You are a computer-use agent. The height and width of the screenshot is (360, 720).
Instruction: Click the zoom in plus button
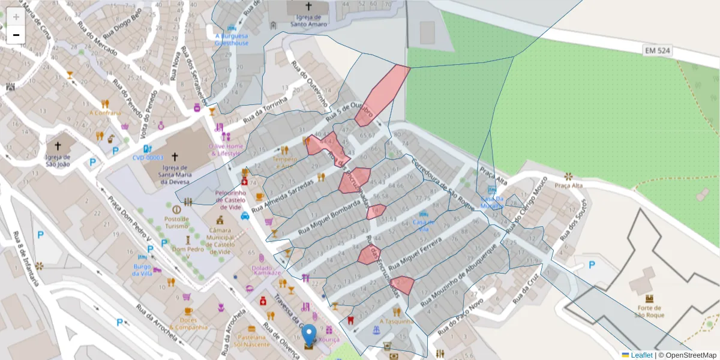click(16, 17)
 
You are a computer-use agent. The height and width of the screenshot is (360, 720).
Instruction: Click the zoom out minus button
click(16, 35)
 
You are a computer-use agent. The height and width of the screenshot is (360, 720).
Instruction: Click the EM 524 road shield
click(658, 51)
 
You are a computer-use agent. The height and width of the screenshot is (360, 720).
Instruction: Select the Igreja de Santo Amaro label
click(309, 21)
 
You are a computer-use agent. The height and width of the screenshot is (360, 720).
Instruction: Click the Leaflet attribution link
click(641, 355)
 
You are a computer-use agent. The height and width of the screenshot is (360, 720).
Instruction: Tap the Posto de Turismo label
click(176, 222)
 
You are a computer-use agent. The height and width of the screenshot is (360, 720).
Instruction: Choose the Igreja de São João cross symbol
click(58, 146)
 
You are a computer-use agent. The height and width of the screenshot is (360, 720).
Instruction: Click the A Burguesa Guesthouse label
click(232, 40)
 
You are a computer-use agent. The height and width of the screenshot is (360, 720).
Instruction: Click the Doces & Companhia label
click(188, 323)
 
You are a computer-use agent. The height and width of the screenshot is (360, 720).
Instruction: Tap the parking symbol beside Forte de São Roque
click(592, 265)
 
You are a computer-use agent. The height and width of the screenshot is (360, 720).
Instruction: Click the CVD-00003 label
click(148, 158)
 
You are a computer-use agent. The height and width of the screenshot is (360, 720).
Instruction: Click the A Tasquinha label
click(397, 321)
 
